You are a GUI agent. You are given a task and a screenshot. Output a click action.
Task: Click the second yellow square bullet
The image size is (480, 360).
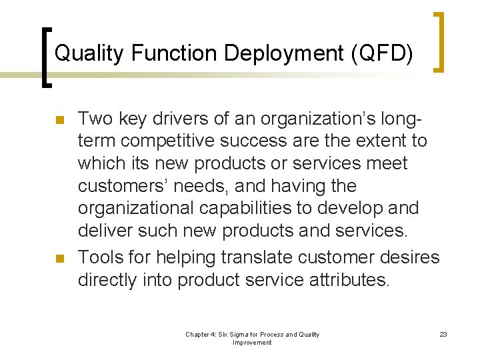pos(59,259)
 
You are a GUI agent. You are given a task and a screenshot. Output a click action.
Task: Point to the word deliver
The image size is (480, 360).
pos(105,231)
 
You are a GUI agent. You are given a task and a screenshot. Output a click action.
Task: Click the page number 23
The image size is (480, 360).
pos(443,334)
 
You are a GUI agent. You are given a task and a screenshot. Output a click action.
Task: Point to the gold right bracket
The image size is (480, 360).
pos(439,41)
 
